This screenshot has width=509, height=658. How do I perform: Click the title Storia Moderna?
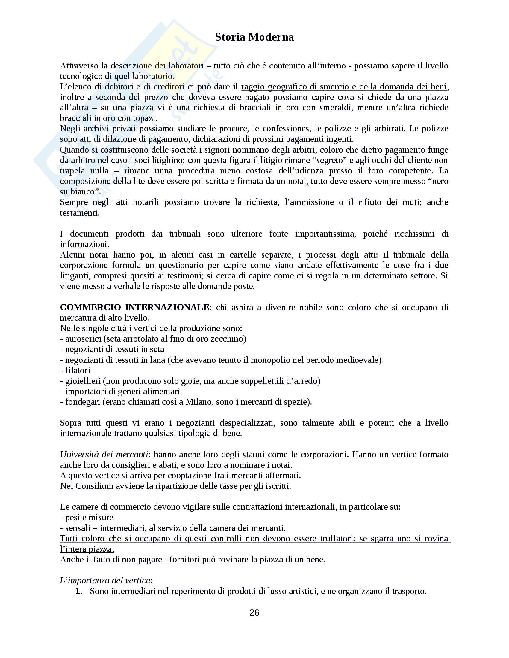(x=254, y=37)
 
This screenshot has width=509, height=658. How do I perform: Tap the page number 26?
(x=254, y=613)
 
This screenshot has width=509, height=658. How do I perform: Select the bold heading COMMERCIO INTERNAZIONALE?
(x=134, y=307)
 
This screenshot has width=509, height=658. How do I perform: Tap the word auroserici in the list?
(x=83, y=339)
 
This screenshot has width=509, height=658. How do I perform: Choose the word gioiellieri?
(x=83, y=381)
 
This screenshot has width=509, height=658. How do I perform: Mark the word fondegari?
(x=82, y=402)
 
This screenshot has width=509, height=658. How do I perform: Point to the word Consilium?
(x=94, y=486)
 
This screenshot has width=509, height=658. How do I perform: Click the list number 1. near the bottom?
(x=79, y=591)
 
